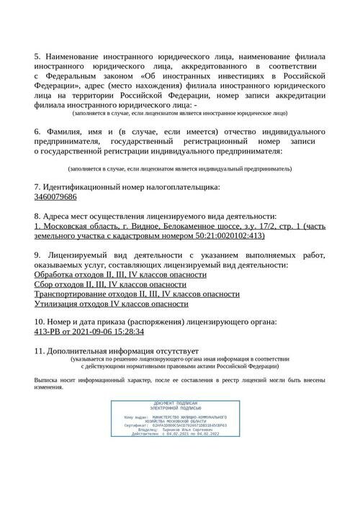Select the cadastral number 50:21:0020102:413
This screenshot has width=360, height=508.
(223, 235)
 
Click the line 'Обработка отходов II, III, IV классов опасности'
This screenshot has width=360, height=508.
(120, 274)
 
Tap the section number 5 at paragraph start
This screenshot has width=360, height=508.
(37, 55)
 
